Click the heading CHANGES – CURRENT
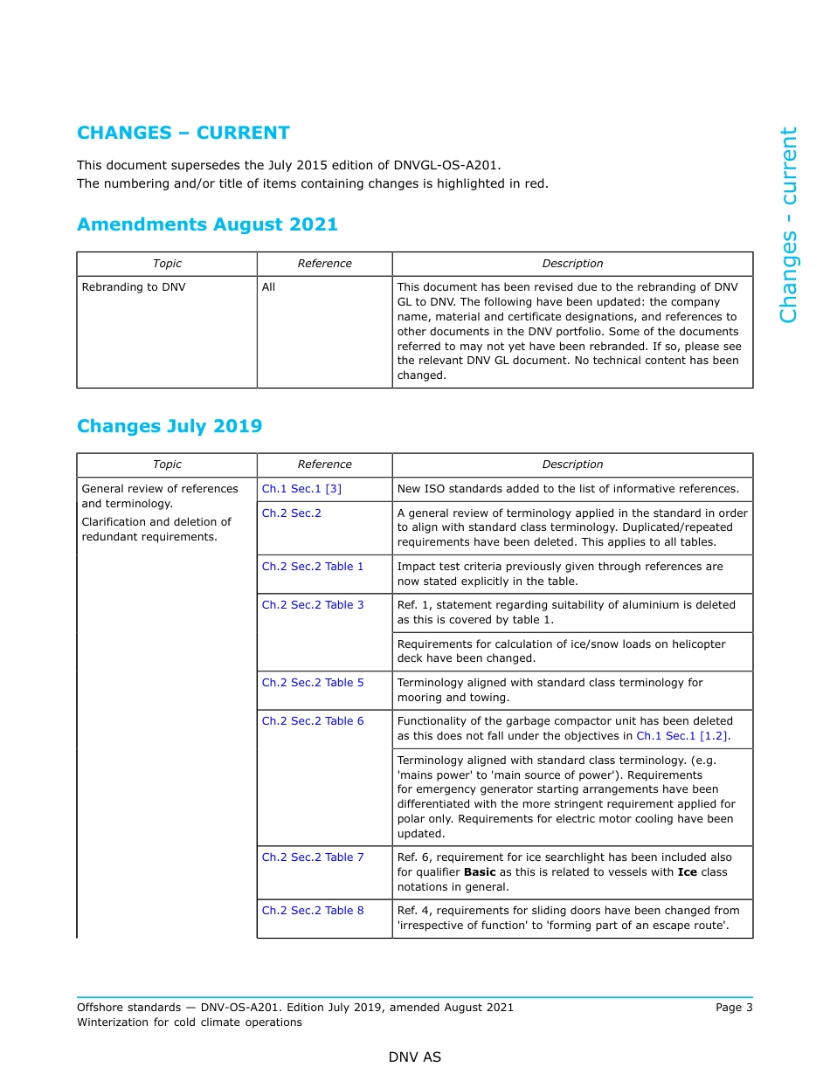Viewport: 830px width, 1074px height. pyautogui.click(x=183, y=133)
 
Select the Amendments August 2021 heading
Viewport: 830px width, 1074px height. pyautogui.click(x=207, y=224)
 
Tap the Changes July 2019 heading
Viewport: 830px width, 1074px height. pyautogui.click(x=169, y=426)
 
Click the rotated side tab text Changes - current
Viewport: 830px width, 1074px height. pyautogui.click(x=788, y=225)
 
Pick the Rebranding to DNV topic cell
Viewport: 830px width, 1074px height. pyautogui.click(x=134, y=287)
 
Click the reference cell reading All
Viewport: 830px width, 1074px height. pyautogui.click(x=268, y=287)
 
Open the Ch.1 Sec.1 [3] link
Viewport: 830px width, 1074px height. pyautogui.click(x=301, y=489)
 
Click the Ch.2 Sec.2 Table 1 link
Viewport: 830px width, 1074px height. pyautogui.click(x=313, y=567)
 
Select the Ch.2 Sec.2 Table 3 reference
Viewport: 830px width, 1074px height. pyautogui.click(x=313, y=605)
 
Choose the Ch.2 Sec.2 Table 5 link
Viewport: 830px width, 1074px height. pyautogui.click(x=313, y=683)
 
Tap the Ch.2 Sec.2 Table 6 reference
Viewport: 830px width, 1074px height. pyautogui.click(x=313, y=721)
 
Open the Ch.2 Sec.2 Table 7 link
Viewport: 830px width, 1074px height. pyautogui.click(x=313, y=857)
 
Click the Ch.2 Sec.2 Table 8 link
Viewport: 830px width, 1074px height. pyautogui.click(x=313, y=911)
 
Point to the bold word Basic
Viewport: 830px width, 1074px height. pyautogui.click(x=480, y=872)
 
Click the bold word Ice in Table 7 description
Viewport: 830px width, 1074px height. pyautogui.click(x=687, y=872)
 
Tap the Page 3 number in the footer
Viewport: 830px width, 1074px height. pyautogui.click(x=734, y=1008)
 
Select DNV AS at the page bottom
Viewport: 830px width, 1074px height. pyautogui.click(x=415, y=1057)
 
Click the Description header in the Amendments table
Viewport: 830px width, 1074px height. pyautogui.click(x=572, y=264)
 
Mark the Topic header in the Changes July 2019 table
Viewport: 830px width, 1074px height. pyautogui.click(x=167, y=465)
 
